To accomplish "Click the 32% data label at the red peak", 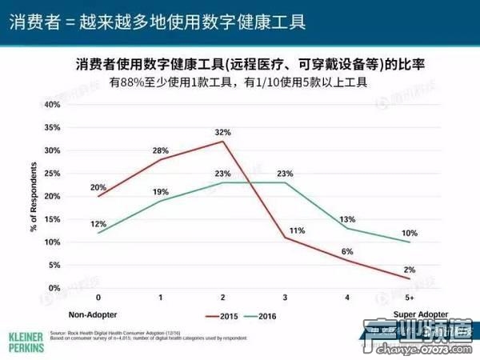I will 222,132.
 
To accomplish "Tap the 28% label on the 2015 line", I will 160,150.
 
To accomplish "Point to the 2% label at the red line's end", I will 410,270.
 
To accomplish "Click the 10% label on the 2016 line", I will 410,233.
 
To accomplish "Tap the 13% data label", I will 347,219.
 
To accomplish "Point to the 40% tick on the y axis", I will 51,104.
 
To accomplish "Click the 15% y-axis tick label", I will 51,219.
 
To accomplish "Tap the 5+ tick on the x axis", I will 409,297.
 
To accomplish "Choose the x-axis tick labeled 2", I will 222,297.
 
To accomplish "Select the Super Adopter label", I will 420,314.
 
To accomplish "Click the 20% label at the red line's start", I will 98,187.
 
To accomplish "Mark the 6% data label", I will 347,251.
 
